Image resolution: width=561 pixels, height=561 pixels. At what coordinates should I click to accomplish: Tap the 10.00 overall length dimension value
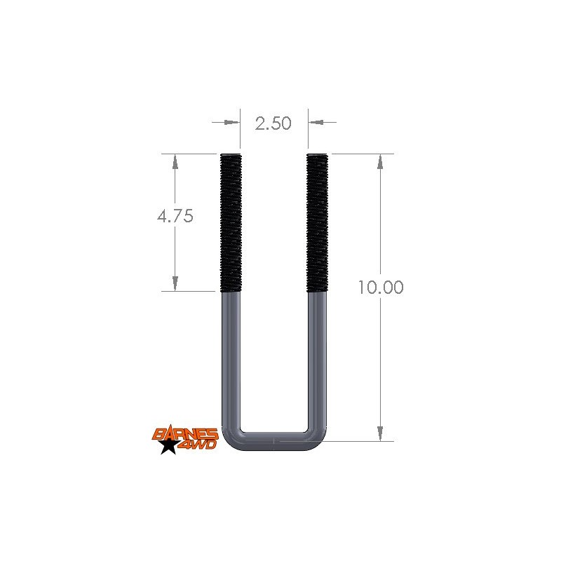pyautogui.click(x=380, y=288)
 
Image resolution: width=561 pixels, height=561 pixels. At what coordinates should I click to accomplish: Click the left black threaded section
pyautogui.click(x=230, y=223)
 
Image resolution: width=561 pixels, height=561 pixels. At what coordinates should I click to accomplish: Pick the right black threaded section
pyautogui.click(x=317, y=223)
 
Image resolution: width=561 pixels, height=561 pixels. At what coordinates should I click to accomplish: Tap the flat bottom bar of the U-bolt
pyautogui.click(x=273, y=441)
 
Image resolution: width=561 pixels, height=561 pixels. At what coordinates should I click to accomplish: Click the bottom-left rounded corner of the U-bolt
pyautogui.click(x=229, y=439)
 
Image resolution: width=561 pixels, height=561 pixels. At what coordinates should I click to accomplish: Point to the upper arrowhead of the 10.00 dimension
pyautogui.click(x=380, y=161)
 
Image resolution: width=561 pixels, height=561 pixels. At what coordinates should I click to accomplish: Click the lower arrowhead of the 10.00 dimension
pyautogui.click(x=380, y=433)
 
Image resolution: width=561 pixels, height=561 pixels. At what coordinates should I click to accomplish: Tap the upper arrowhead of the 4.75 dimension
pyautogui.click(x=175, y=161)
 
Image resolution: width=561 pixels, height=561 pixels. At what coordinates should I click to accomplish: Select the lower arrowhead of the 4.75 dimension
pyautogui.click(x=175, y=283)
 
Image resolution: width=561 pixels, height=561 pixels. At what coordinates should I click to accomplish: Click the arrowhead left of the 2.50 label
pyautogui.click(x=231, y=123)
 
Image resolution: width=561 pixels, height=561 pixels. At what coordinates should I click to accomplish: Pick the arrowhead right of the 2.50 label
pyautogui.click(x=316, y=123)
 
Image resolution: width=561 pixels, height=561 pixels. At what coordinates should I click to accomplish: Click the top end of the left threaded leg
pyautogui.click(x=230, y=155)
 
